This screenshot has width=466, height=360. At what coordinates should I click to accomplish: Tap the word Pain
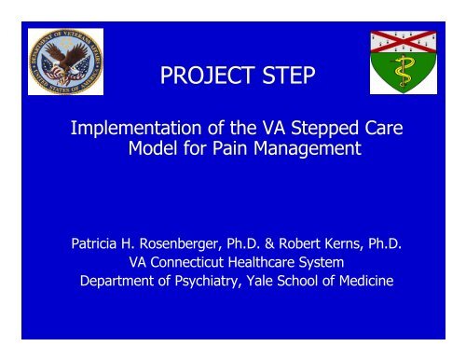(249, 152)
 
